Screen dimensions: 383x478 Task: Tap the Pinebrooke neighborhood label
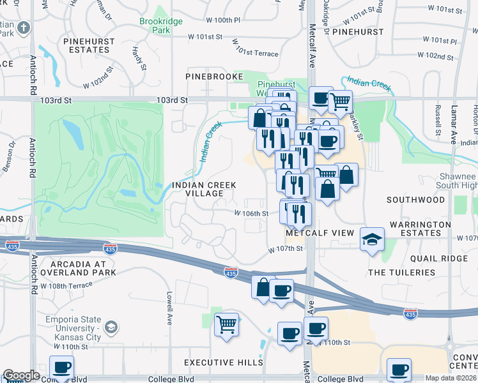pos(214,77)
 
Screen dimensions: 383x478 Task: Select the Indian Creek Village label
pos(205,190)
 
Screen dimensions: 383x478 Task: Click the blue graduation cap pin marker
pos(372,239)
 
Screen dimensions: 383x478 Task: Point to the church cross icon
pos(24,28)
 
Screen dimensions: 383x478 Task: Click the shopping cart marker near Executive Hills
pos(226,324)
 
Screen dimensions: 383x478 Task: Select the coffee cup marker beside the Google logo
pos(61,367)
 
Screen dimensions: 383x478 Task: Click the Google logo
pos(21,375)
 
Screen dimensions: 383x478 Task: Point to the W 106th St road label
pos(251,214)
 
